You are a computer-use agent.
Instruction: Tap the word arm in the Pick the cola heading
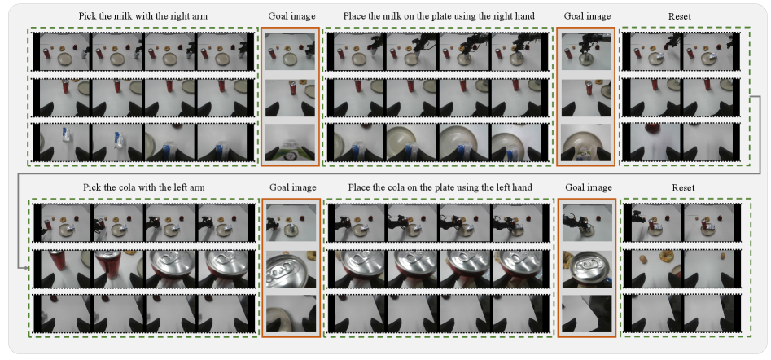(198, 187)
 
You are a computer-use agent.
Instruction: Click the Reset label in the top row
(680, 16)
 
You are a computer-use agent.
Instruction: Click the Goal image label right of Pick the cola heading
(292, 187)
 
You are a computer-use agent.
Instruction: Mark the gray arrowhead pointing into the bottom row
(24, 267)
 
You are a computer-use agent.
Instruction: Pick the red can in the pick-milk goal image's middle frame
(293, 89)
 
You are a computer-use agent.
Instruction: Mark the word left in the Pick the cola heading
(182, 187)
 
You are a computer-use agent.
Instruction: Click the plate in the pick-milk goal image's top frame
(287, 59)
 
